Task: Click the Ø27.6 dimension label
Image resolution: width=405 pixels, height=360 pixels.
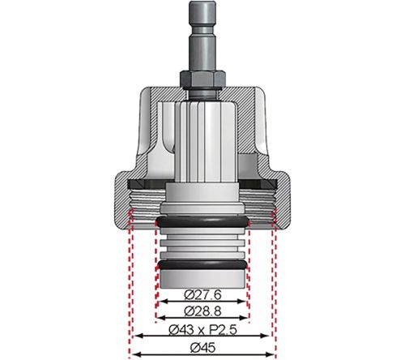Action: [202, 293]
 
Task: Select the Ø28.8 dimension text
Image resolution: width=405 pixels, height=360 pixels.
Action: [202, 311]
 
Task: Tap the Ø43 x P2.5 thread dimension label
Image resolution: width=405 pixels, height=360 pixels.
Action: [202, 329]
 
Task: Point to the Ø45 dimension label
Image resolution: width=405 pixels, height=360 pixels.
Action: [202, 347]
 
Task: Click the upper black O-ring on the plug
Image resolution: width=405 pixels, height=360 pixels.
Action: [202, 221]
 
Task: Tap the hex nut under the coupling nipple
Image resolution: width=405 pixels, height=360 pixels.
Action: [202, 79]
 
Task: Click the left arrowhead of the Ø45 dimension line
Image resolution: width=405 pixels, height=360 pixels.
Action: [131, 354]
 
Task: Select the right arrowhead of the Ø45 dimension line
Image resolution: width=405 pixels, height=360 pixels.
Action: [273, 354]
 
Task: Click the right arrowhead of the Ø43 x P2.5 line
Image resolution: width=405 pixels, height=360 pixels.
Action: [268, 336]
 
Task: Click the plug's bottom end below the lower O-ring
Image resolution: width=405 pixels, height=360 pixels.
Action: [202, 280]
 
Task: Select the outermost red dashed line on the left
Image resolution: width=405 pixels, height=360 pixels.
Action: [128, 284]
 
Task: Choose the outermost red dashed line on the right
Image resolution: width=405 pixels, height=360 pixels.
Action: [276, 284]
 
